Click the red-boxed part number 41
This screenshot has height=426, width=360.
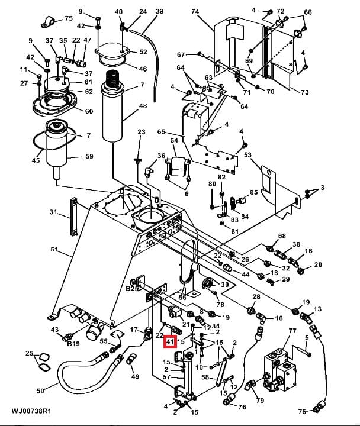(x=170, y=341)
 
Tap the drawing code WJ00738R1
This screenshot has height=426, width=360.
(x=31, y=411)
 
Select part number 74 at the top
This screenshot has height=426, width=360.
(x=195, y=11)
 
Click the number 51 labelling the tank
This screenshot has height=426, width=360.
(x=54, y=249)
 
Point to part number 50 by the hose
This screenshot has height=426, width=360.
(x=40, y=391)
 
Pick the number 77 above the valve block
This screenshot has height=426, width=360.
(x=292, y=331)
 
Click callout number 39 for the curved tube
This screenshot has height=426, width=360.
(x=160, y=11)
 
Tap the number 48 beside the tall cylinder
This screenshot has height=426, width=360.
(x=143, y=106)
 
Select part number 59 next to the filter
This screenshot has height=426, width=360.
(x=89, y=156)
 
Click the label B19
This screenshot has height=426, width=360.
(x=73, y=344)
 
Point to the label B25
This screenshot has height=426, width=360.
(x=132, y=289)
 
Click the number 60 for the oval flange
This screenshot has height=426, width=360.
(x=89, y=111)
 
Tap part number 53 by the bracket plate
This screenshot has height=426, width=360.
(x=248, y=155)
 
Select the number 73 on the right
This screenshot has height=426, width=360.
(x=305, y=92)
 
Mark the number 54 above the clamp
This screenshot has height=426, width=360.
(x=174, y=140)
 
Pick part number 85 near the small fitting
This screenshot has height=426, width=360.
(x=253, y=192)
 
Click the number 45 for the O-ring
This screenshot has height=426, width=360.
(x=36, y=160)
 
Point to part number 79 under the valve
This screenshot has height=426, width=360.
(x=260, y=400)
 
